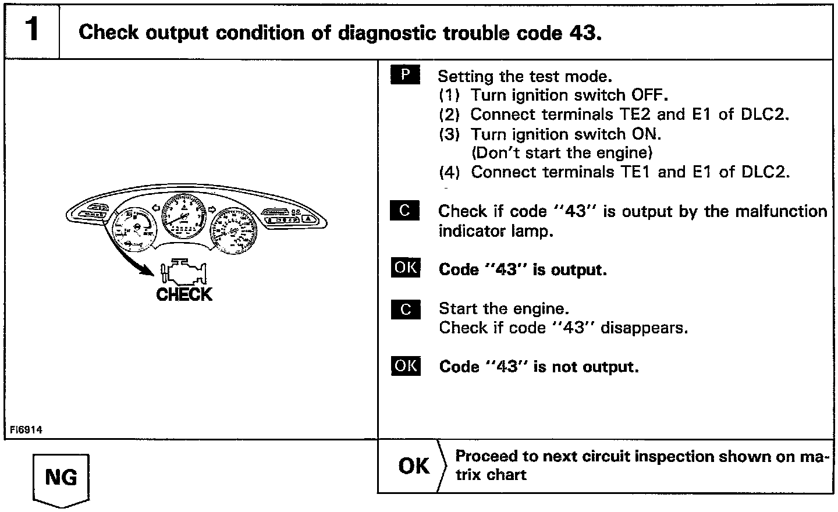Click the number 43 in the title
tap(580, 33)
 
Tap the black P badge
tap(405, 76)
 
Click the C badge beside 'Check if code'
tap(405, 211)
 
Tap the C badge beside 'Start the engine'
tap(406, 309)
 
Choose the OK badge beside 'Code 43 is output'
tap(406, 268)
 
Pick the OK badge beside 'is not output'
tap(406, 365)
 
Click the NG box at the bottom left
tap(61, 478)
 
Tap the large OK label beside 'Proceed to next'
tap(414, 466)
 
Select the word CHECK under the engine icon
tap(184, 294)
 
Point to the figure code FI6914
tap(26, 430)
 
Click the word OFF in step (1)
tap(645, 95)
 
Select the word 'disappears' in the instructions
tap(644, 328)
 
